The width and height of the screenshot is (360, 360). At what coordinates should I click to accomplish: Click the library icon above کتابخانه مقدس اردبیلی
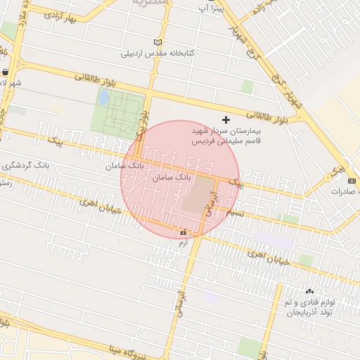click(x=157, y=42)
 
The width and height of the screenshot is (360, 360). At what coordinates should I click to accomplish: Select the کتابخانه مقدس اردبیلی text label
click(x=158, y=53)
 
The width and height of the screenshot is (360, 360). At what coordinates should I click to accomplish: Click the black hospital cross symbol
click(x=226, y=120)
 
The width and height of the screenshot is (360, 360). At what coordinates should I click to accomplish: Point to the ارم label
click(x=184, y=243)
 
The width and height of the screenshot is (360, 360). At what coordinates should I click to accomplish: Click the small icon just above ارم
click(x=184, y=232)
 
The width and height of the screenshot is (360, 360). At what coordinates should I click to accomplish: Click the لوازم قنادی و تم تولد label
click(x=310, y=307)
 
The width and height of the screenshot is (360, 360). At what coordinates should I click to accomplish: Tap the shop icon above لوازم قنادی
click(x=309, y=291)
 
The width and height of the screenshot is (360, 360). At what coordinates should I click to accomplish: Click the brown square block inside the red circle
click(x=200, y=193)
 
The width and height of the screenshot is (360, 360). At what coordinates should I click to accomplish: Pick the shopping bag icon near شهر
click(x=6, y=72)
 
